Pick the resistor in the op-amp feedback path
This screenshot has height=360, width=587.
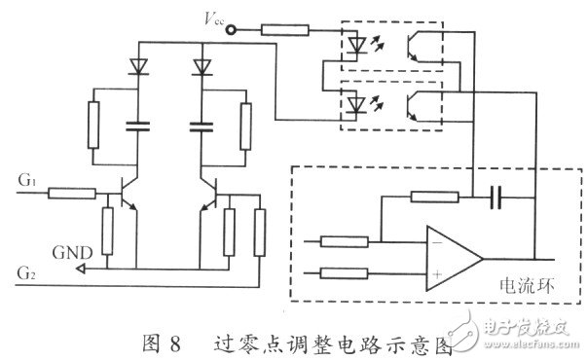435,198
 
